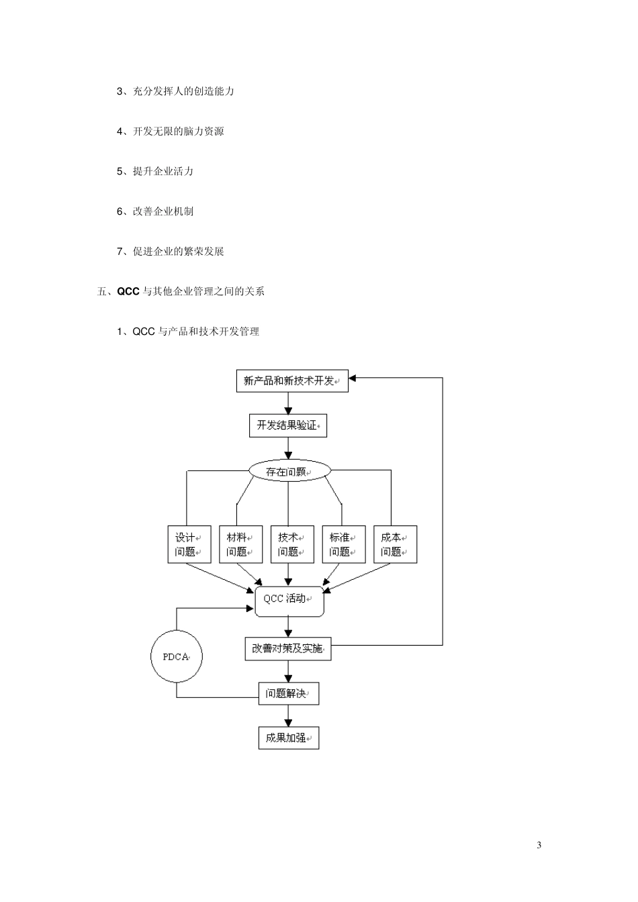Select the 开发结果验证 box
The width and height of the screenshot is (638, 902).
pyautogui.click(x=287, y=425)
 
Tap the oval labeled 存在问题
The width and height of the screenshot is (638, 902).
pyautogui.click(x=289, y=471)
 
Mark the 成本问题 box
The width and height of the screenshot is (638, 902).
pyautogui.click(x=395, y=544)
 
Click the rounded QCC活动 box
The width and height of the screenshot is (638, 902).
pyautogui.click(x=289, y=599)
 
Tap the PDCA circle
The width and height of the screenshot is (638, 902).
pyautogui.click(x=177, y=656)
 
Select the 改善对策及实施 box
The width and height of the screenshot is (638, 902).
pyautogui.click(x=287, y=649)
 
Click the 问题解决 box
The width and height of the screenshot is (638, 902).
pyautogui.click(x=289, y=694)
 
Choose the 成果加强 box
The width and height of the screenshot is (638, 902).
pyautogui.click(x=289, y=738)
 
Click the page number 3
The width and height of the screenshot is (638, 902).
pyautogui.click(x=539, y=844)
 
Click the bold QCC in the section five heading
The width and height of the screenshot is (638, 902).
pyautogui.click(x=128, y=291)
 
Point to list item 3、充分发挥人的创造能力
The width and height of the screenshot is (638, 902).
pyautogui.click(x=175, y=91)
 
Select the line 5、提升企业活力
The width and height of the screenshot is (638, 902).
pyautogui.click(x=155, y=171)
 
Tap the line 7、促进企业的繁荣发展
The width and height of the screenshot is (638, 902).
pyautogui.click(x=171, y=252)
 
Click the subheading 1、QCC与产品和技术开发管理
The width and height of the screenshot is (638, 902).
pyautogui.click(x=188, y=332)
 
